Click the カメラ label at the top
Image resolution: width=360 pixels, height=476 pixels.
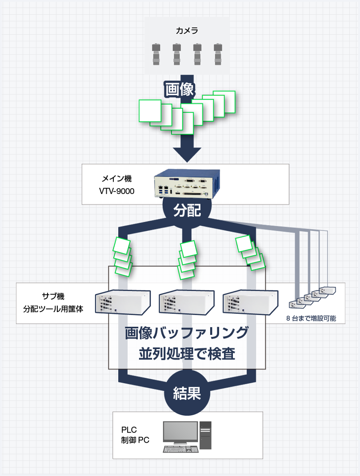[x=187, y=31]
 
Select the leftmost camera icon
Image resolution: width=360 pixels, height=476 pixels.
[x=156, y=54]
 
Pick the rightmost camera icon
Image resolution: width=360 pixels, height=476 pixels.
[x=218, y=54]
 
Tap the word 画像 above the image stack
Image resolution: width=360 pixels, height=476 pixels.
[x=180, y=89]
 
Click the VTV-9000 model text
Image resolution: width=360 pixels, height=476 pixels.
[x=116, y=191]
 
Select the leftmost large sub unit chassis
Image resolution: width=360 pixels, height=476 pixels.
[x=123, y=303]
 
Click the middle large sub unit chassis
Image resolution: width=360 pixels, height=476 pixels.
[x=187, y=303]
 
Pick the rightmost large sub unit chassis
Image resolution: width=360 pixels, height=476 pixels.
[x=250, y=303]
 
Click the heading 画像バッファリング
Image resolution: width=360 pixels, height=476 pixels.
[x=187, y=333]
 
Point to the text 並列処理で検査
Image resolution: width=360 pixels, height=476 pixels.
[x=187, y=354]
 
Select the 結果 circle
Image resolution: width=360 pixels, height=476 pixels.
[x=187, y=393]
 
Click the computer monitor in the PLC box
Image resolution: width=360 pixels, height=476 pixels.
[x=180, y=433]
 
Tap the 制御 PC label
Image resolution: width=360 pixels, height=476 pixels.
[x=135, y=440]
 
